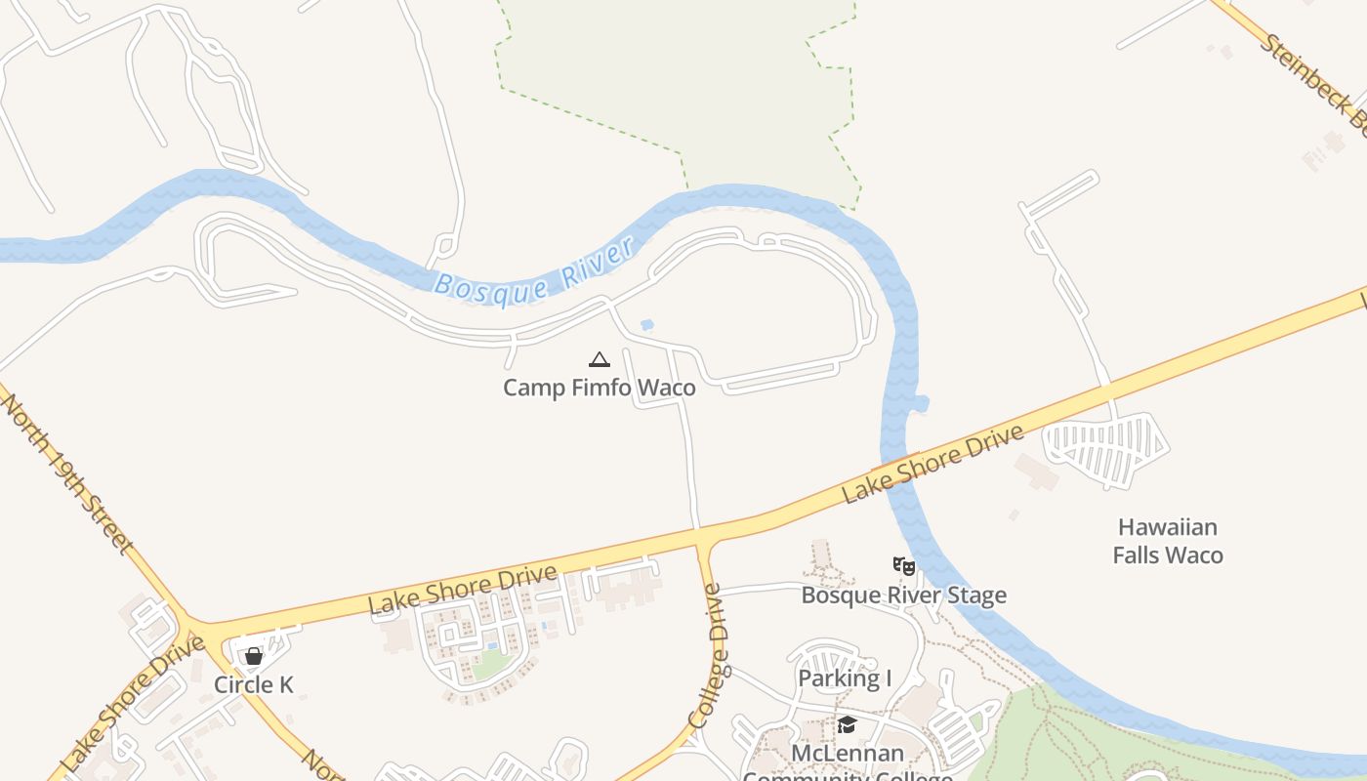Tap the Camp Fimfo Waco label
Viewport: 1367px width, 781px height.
[599, 388]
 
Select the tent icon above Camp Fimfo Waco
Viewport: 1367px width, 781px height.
[599, 359]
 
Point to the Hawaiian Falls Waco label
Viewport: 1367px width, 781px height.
[1168, 541]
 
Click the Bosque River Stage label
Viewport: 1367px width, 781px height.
[903, 595]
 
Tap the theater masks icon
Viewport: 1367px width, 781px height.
[904, 565]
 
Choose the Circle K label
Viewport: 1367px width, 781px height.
[254, 684]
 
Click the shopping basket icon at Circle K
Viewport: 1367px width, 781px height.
[254, 656]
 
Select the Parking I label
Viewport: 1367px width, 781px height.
[845, 678]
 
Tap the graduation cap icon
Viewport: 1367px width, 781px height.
[847, 724]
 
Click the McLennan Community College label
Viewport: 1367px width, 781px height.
[847, 763]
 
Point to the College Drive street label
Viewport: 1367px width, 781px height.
[707, 655]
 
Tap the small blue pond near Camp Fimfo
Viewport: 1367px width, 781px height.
[645, 325]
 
